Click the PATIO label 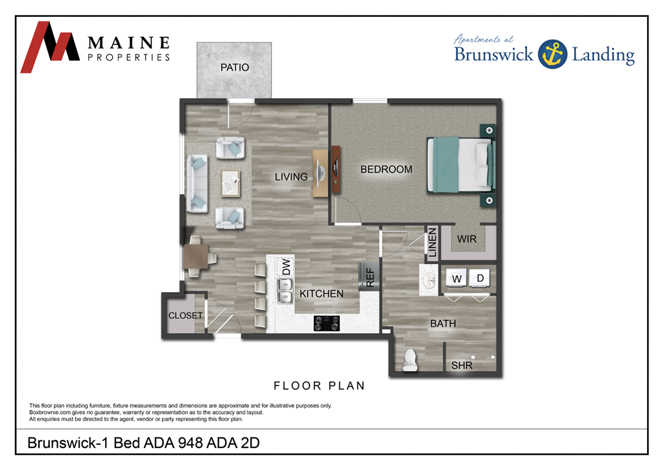pos(234,68)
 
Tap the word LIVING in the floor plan pos(291,177)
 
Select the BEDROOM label pos(386,169)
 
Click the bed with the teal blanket pos(458,165)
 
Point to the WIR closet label pos(467,240)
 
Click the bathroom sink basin pos(429,280)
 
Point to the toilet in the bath pos(410,360)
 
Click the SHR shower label pos(462,366)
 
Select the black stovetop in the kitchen pos(327,323)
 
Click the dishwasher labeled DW pos(285,266)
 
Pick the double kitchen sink pos(285,291)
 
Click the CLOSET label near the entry pos(185,315)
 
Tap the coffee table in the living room pos(230,182)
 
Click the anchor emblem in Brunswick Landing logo pos(552,53)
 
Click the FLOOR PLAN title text pos(319,386)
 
